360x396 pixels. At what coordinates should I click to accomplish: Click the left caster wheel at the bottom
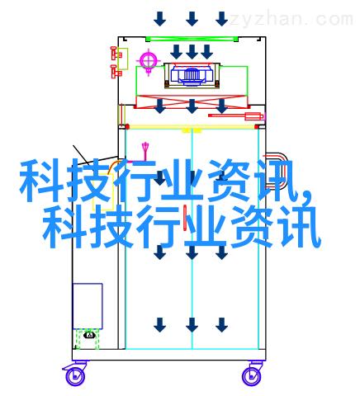click(x=74, y=376)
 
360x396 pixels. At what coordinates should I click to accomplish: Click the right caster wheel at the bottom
click(x=251, y=376)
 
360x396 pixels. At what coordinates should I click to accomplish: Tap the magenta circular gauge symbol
click(x=149, y=60)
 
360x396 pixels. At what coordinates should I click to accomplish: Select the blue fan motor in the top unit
click(x=192, y=74)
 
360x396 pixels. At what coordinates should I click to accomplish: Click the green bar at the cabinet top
click(x=192, y=39)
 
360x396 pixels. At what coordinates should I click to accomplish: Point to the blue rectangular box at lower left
click(x=88, y=306)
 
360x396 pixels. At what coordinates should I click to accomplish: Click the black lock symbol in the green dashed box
click(x=89, y=335)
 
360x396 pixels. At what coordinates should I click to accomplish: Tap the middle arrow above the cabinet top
click(x=192, y=18)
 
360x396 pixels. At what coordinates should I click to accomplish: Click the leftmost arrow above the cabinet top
click(x=159, y=18)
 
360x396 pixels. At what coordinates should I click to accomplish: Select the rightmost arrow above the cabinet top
click(x=221, y=18)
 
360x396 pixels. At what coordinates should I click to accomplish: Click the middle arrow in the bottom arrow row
click(x=192, y=325)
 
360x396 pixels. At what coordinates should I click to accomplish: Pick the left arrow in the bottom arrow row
click(x=159, y=325)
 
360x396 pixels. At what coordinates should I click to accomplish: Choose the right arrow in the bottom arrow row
click(x=221, y=325)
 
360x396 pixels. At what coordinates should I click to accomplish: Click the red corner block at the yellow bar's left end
click(x=127, y=127)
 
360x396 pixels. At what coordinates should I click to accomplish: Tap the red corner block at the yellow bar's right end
click(x=257, y=127)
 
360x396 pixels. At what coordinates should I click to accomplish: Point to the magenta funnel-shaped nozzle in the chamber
click(x=145, y=151)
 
